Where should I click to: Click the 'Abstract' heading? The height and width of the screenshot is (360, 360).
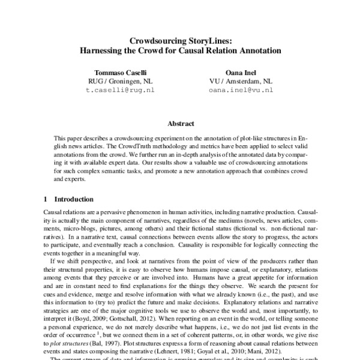click(180, 124)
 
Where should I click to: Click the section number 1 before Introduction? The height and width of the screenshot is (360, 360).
click(46, 199)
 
